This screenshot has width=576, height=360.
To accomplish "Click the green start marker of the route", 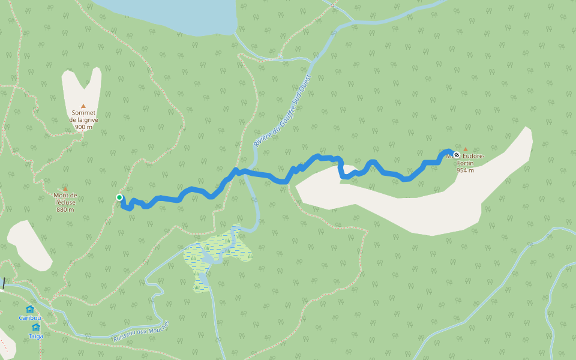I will pyautogui.click(x=119, y=197).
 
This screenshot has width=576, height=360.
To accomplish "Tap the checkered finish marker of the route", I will pyautogui.click(x=457, y=155).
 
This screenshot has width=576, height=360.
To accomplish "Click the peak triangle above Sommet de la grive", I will pyautogui.click(x=83, y=106).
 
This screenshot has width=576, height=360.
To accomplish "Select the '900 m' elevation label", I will pyautogui.click(x=83, y=127).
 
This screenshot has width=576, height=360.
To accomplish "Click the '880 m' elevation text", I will pyautogui.click(x=65, y=209).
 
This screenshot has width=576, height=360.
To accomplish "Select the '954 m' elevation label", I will pyautogui.click(x=465, y=170).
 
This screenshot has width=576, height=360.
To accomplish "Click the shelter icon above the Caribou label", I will pyautogui.click(x=29, y=310).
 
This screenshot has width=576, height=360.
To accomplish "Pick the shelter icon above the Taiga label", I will pyautogui.click(x=35, y=328).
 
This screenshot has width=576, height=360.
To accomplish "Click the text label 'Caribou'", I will pyautogui.click(x=29, y=318).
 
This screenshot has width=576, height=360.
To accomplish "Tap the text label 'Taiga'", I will pyautogui.click(x=35, y=336).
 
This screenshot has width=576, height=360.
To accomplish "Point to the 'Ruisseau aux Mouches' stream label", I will pyautogui.click(x=142, y=332).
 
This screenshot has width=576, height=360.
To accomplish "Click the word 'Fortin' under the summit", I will pyautogui.click(x=466, y=163).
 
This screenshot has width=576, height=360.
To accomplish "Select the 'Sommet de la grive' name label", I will pyautogui.click(x=84, y=116).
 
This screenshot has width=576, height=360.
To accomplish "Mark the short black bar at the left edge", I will pyautogui.click(x=4, y=283).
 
